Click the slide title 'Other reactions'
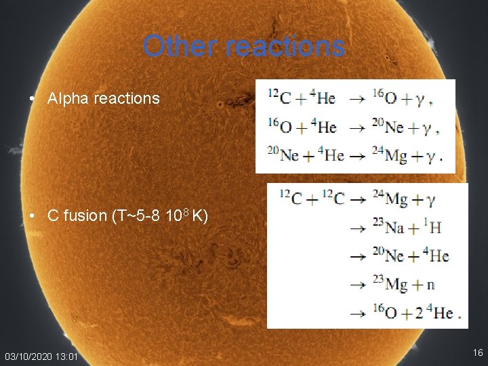244,46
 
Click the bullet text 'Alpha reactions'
103,98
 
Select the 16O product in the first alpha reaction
384,98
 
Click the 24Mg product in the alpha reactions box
387,155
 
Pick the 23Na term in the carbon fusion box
388,227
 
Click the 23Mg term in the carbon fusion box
388,285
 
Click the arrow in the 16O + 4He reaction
355,127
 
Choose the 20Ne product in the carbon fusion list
388,256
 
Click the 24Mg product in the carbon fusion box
388,199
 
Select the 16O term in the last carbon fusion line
384,313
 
